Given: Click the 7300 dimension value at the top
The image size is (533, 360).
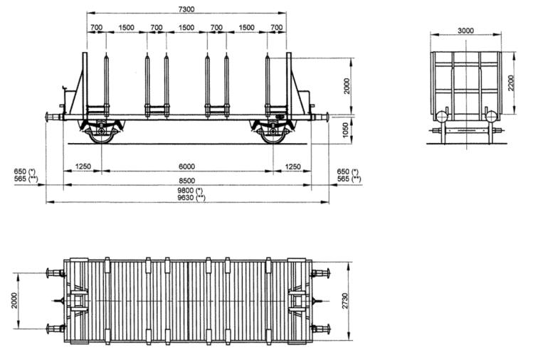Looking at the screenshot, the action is (186, 9).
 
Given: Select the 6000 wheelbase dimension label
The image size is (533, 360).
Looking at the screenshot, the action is (186, 166).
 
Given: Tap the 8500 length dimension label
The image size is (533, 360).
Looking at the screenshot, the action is (186, 180).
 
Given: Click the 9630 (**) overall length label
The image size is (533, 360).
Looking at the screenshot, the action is (191, 198).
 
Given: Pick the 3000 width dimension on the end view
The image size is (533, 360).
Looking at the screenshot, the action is (465, 31).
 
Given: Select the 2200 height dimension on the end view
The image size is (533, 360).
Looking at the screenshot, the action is (511, 83).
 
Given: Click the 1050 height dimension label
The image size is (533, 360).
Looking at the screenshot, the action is (345, 130).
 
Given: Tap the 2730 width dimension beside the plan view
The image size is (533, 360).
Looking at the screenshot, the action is (345, 301).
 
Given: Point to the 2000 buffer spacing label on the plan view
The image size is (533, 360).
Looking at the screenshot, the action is (14, 301).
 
